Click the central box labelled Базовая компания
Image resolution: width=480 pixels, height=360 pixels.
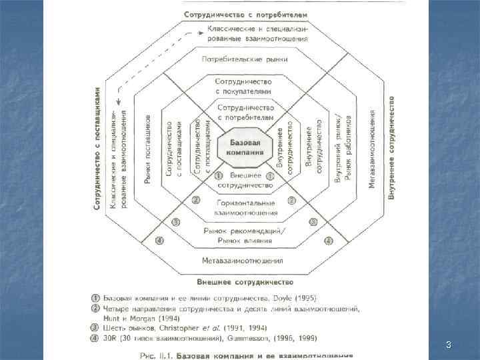(x=245, y=147)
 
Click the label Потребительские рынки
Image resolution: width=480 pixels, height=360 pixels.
(x=245, y=59)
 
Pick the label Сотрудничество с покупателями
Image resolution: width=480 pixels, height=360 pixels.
(x=245, y=85)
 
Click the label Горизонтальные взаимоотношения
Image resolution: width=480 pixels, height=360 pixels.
(x=245, y=207)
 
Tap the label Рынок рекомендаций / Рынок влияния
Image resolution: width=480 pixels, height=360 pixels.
(x=245, y=235)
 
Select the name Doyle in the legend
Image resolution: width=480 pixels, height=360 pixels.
(x=282, y=297)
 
